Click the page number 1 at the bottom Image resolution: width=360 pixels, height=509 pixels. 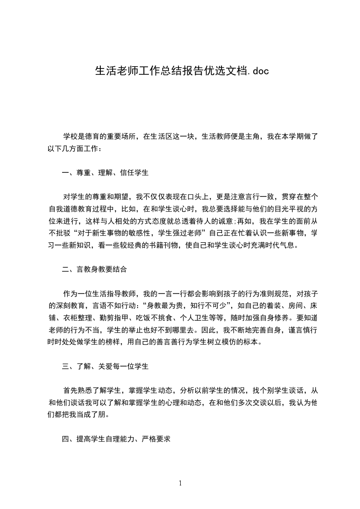click(x=180, y=483)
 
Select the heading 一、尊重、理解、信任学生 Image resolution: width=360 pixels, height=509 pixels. click(x=105, y=173)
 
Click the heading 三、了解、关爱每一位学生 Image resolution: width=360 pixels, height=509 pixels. click(x=105, y=366)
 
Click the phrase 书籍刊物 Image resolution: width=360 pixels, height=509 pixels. click(x=159, y=245)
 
